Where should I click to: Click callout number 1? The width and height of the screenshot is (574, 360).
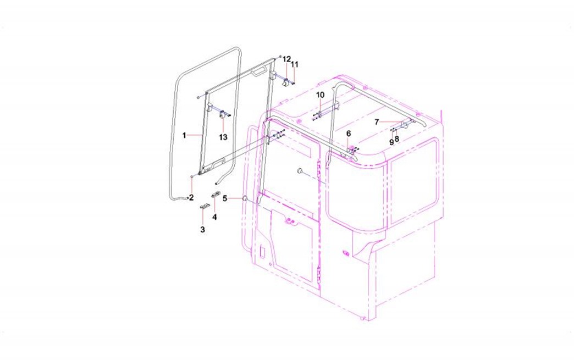(185, 135)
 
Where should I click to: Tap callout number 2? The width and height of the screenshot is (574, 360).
(191, 198)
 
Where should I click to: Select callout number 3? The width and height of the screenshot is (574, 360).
(202, 229)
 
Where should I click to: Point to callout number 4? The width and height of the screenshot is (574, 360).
(214, 217)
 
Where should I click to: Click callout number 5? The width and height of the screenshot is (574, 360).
(225, 198)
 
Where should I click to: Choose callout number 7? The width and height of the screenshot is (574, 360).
(377, 122)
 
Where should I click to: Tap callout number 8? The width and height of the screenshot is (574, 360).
(397, 139)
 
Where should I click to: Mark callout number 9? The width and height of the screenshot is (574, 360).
(391, 142)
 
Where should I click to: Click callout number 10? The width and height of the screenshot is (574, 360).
(320, 95)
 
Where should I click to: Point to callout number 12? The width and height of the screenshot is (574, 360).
(286, 59)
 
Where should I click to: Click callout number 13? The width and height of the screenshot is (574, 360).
(223, 137)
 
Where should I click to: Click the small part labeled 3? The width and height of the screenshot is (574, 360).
(204, 207)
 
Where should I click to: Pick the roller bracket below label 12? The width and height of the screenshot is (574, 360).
(285, 84)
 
